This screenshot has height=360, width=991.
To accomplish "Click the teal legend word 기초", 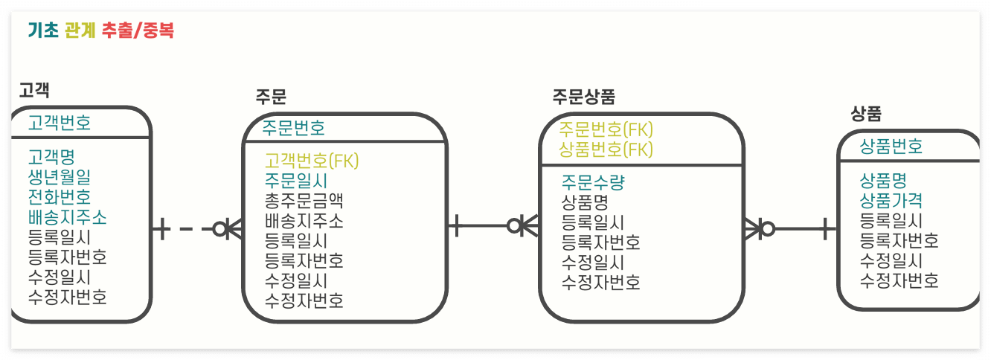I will (x=42, y=30).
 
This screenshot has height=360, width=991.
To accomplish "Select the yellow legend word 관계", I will (x=80, y=30).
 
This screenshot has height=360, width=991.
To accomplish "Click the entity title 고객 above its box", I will (x=34, y=90).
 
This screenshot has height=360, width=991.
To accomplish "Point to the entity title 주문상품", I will (x=583, y=97).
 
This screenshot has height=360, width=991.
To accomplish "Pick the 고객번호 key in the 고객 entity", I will (x=60, y=123).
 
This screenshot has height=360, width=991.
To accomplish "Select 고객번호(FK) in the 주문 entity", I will (x=312, y=161).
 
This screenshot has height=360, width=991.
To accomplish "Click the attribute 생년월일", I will (x=60, y=177).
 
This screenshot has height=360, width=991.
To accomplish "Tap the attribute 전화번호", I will (x=60, y=197).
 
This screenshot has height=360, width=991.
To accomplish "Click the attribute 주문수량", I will (x=593, y=182).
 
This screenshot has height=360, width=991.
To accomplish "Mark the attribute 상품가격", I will (x=891, y=201).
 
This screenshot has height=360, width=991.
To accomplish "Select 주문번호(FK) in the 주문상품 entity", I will (x=606, y=129).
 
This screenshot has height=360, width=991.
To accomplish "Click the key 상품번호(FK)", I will (x=606, y=150).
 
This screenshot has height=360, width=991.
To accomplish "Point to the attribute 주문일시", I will (x=296, y=181).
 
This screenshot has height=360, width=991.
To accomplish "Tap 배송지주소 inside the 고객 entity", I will (x=67, y=217).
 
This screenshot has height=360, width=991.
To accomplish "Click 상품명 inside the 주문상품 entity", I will (x=585, y=202).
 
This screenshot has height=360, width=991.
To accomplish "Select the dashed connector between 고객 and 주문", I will (x=186, y=228).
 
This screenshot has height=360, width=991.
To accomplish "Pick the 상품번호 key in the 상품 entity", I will (x=891, y=146).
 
